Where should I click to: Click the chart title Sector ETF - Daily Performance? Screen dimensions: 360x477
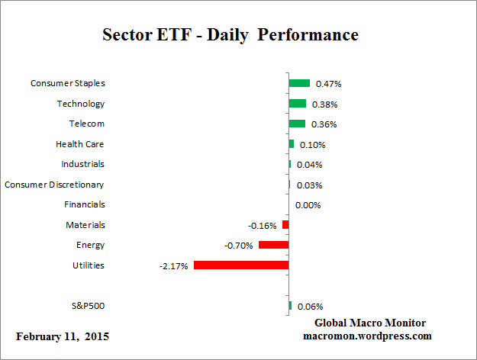tap(230, 36)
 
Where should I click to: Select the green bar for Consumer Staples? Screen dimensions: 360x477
tap(299, 83)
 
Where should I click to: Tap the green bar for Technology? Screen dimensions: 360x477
tap(297, 104)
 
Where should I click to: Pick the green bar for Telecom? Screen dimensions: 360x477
tap(297, 124)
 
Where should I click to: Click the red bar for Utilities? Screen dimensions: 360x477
tap(241, 265)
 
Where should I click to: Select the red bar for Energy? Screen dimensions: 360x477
tap(273, 245)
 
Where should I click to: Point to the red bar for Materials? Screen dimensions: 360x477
tap(285, 225)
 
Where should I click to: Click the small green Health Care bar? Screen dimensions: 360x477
tap(291, 143)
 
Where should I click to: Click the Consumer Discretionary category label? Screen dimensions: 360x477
tap(54, 185)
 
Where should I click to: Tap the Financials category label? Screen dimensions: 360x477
tap(85, 204)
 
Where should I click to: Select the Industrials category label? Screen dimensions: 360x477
tap(82, 164)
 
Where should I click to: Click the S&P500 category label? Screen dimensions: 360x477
tap(87, 307)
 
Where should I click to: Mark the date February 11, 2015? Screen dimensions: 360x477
tap(63, 336)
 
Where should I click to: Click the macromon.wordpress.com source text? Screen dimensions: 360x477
tap(367, 336)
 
